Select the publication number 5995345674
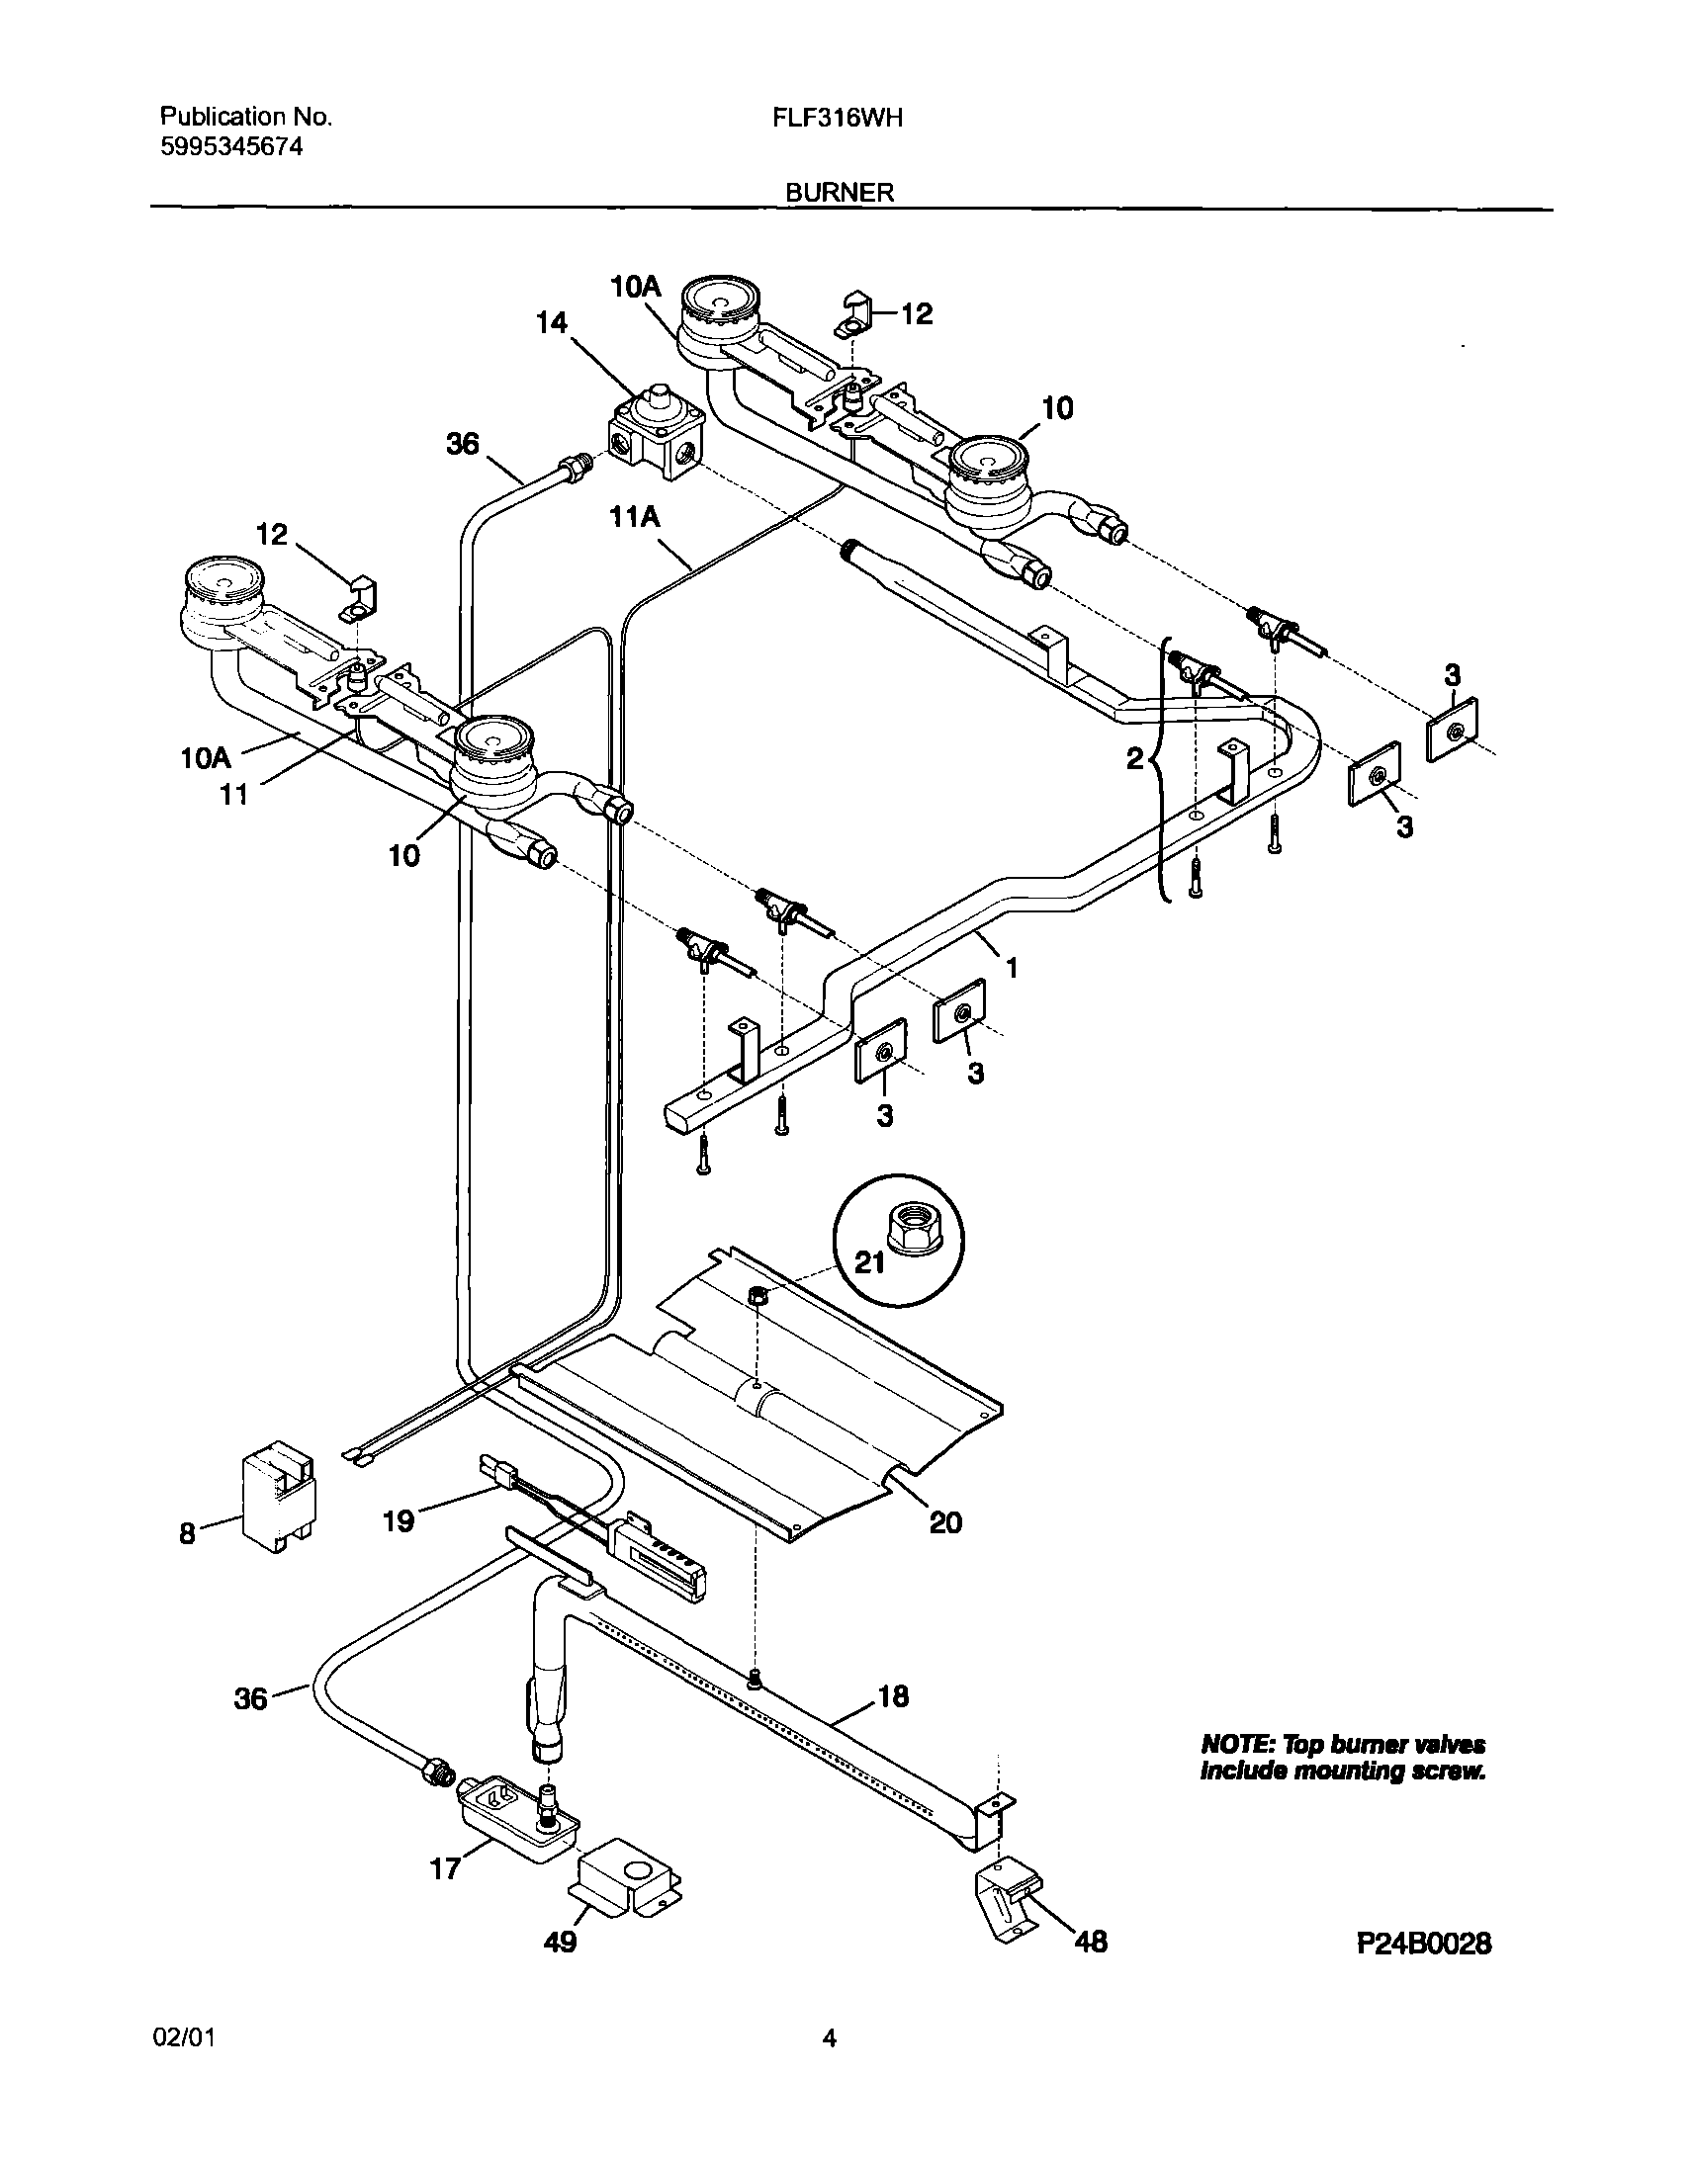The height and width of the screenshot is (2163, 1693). tap(231, 147)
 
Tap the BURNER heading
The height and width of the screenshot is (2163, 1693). tap(840, 193)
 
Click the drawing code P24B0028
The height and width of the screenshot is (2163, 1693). tap(1423, 1944)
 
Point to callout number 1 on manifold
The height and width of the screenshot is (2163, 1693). tap(1012, 967)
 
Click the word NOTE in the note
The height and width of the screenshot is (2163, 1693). tap(1235, 1745)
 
